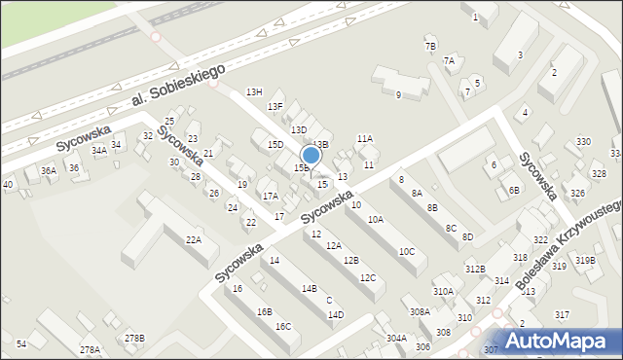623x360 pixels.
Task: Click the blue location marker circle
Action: click(x=311, y=155)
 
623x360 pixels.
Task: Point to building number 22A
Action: click(x=194, y=239)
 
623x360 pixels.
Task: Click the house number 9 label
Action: click(x=398, y=94)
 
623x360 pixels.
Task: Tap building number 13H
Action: click(x=254, y=91)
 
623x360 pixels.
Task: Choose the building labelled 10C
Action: click(x=406, y=252)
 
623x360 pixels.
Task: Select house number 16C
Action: click(x=282, y=326)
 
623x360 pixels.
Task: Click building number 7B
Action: click(x=430, y=46)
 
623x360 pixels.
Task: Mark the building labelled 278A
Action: click(x=90, y=349)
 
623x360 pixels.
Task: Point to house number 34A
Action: click(x=98, y=151)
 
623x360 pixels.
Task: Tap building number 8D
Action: click(x=467, y=236)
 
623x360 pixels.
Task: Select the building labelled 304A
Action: click(x=395, y=338)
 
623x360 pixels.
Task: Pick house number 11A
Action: click(x=364, y=139)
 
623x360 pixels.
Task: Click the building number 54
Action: click(x=21, y=344)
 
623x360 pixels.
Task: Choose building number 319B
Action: click(x=584, y=260)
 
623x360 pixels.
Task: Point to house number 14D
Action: click(x=336, y=314)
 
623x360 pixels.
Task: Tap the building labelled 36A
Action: click(x=48, y=170)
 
